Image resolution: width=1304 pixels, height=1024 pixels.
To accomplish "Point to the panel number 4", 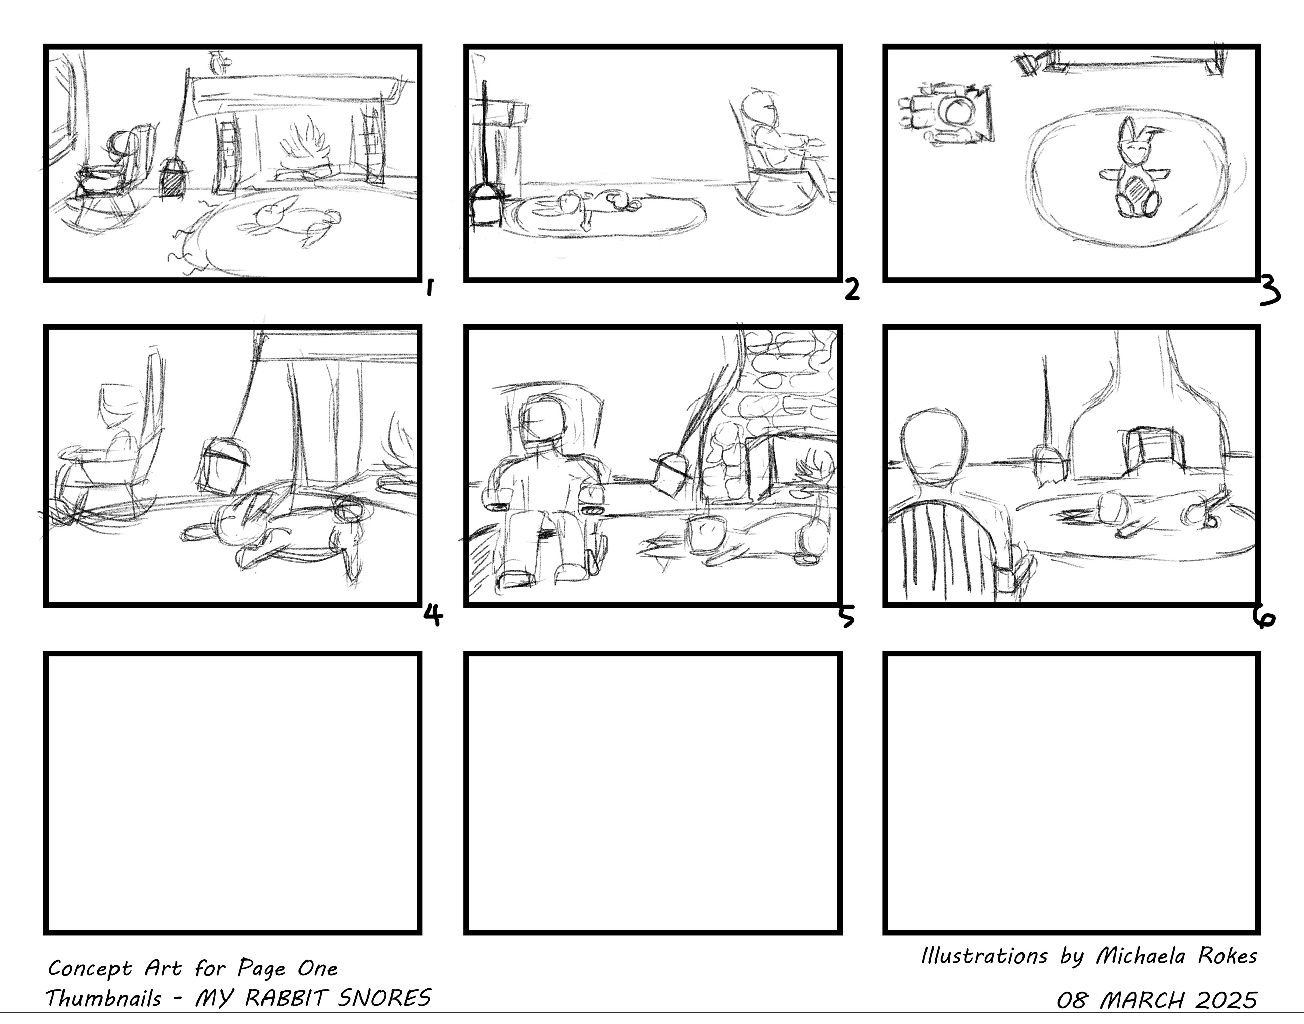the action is pos(433,615).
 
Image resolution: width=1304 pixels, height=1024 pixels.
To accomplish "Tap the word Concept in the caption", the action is pos(89,969).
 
